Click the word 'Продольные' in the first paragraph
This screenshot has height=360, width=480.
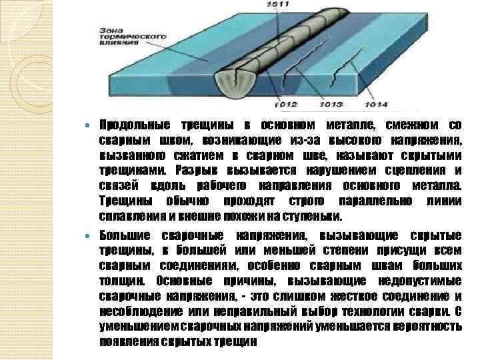(130, 125)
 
